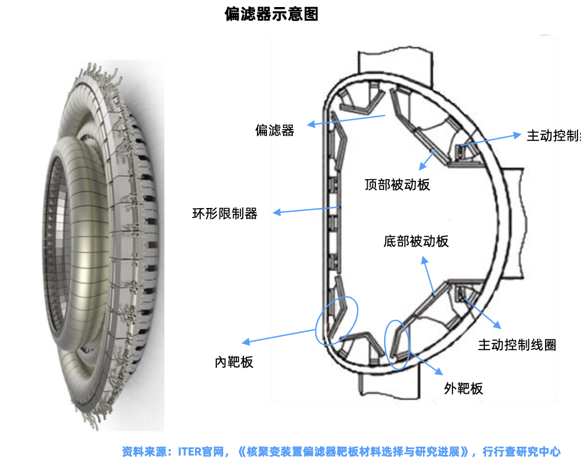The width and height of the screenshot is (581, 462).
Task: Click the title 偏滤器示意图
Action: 272,14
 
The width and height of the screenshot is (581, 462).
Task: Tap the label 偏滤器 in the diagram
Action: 275,130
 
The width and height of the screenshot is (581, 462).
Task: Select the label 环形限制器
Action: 225,213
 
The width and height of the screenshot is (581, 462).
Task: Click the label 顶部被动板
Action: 397,184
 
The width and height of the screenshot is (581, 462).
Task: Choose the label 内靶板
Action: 234,361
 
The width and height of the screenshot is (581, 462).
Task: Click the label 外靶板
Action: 463,388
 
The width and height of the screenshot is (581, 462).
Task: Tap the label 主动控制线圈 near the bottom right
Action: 517,345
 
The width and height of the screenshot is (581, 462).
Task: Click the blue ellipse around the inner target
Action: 336,320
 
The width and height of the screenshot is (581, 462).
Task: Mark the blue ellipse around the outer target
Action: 397,345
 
